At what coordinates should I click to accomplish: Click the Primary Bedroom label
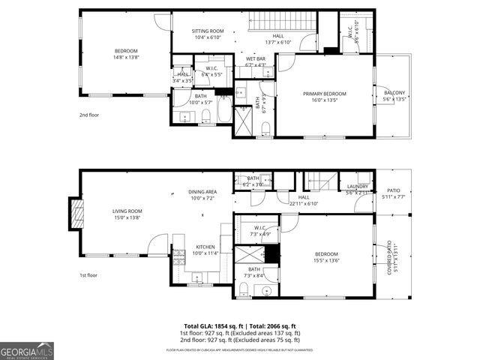325,94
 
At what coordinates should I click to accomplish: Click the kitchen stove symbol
179,258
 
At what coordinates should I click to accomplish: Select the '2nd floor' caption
88,115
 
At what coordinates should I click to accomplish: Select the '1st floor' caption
88,275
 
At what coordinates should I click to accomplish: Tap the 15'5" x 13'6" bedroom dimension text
325,261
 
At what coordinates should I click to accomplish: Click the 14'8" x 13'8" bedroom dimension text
126,57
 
